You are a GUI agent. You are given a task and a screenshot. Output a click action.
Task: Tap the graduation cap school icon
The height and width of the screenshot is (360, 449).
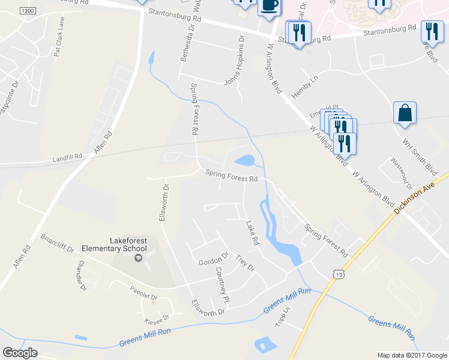click(x=137, y=257)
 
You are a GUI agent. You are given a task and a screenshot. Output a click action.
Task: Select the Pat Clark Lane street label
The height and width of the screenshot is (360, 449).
click(x=59, y=40)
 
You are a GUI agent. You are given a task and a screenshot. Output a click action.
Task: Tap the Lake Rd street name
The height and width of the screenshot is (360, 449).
click(x=252, y=233)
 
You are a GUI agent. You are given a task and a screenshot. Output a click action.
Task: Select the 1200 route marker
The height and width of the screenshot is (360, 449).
click(x=27, y=11)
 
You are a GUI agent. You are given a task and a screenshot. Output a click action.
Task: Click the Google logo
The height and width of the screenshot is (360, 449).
click(x=20, y=353)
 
